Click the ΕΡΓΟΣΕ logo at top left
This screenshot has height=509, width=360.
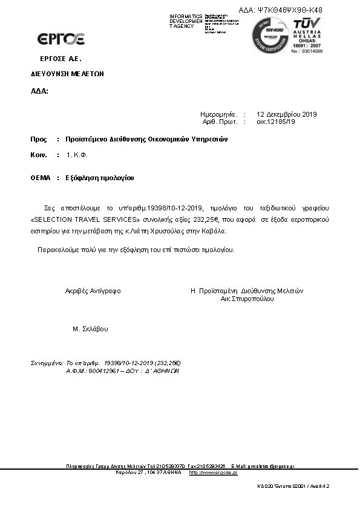61,39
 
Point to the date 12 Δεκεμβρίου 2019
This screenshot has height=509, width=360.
287,114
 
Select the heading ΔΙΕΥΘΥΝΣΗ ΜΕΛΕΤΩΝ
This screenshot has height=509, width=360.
68,74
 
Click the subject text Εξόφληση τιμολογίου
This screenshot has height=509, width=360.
100,178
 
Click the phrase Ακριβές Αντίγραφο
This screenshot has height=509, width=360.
93,291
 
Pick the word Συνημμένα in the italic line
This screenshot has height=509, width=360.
47,363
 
